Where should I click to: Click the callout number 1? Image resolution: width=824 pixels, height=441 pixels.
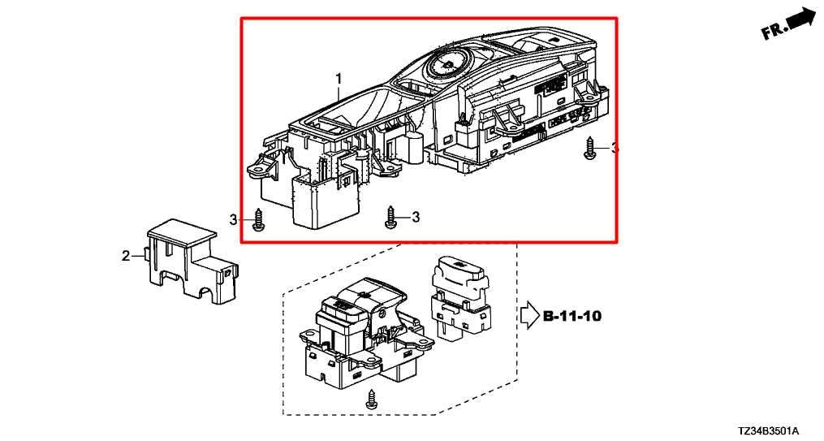339,80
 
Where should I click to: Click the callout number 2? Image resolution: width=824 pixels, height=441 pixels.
126,256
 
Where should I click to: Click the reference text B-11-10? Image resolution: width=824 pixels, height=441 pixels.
572,317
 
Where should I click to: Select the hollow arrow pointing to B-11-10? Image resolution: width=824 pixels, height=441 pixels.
529,317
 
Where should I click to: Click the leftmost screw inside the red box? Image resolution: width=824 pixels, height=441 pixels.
258,219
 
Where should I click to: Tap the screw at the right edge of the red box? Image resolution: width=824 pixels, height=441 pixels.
589,149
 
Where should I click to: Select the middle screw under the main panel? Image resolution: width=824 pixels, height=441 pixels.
390,217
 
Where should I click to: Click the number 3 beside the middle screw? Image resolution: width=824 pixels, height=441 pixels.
416,217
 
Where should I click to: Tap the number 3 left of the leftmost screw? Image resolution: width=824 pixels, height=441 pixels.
233,220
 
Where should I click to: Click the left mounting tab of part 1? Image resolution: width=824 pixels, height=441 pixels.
259,170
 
